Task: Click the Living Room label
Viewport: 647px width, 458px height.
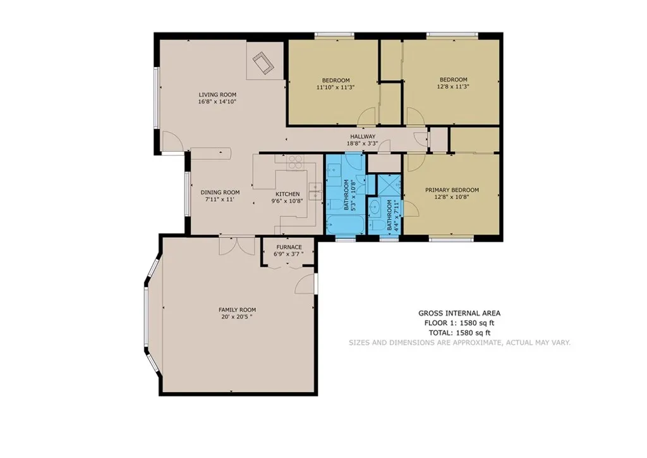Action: pos(217,95)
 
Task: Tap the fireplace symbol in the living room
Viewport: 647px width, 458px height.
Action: pos(263,63)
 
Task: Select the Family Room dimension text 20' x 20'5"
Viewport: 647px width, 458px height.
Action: pos(237,317)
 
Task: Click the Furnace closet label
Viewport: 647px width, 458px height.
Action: pos(289,247)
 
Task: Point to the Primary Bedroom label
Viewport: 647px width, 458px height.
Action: pos(452,190)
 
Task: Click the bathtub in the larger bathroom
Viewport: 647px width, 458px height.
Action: pos(345,225)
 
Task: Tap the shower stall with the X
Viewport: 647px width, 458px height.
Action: pos(389,184)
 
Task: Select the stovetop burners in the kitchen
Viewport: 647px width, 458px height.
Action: pos(295,162)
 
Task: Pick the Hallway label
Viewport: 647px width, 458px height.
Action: pos(363,137)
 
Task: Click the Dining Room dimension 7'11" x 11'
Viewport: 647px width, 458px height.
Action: pos(219,199)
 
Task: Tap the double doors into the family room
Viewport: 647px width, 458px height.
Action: pos(237,246)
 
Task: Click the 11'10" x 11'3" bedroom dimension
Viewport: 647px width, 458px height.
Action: pos(336,87)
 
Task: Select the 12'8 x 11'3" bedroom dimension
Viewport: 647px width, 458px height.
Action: pos(453,87)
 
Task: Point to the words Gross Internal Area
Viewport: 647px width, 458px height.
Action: pos(459,314)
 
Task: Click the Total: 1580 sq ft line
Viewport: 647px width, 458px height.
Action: pos(459,333)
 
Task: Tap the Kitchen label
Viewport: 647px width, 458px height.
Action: pos(287,194)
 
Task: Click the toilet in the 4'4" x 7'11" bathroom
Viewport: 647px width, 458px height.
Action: pos(375,225)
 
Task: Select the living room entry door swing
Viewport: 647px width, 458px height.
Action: pos(172,141)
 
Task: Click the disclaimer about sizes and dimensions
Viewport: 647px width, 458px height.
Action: pos(459,342)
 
